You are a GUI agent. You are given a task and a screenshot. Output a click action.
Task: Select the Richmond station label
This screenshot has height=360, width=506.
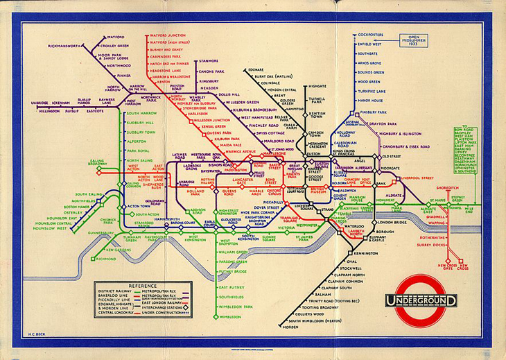click(x=106, y=258)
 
